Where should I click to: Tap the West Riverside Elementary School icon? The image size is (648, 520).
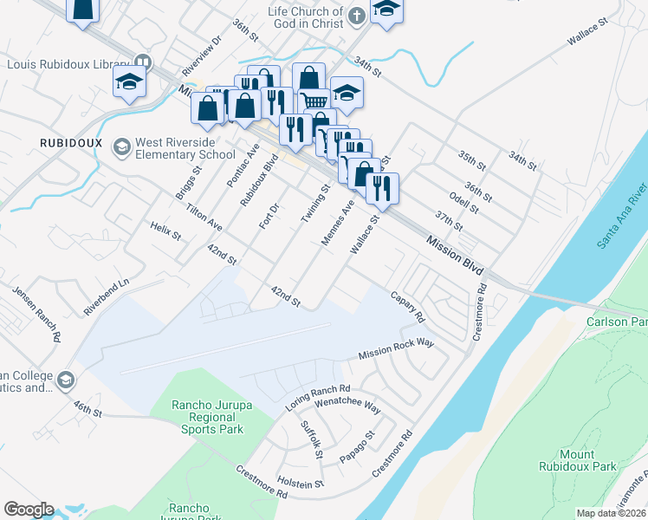[120, 148]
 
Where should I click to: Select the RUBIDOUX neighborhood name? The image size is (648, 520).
[71, 142]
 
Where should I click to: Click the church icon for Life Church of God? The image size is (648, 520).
[356, 16]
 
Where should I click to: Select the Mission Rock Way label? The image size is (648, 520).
[396, 350]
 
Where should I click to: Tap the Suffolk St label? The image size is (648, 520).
[312, 439]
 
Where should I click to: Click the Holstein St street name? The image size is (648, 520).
[300, 483]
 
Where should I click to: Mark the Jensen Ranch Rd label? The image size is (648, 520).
[36, 313]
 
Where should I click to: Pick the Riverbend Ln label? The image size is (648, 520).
[106, 296]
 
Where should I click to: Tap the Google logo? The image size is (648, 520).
[29, 510]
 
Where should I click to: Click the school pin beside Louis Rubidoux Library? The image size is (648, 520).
[129, 82]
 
